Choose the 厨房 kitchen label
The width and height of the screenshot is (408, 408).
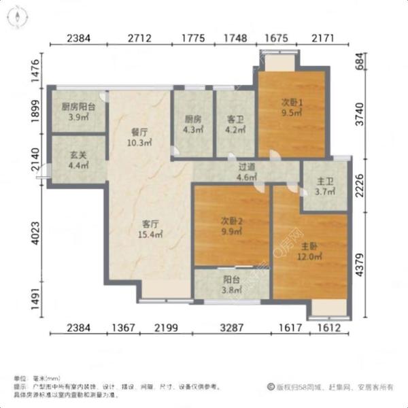193,118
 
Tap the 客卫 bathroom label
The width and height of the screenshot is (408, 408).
235,118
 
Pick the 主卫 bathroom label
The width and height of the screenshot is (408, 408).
325,182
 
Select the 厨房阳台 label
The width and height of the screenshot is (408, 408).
78,107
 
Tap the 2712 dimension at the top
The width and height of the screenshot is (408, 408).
140,37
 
